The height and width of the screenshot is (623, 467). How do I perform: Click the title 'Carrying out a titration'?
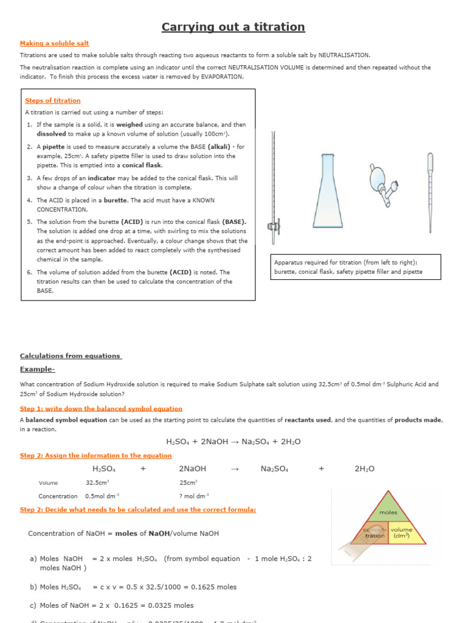tap(233, 27)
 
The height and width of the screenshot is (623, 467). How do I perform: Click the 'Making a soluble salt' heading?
tap(54, 43)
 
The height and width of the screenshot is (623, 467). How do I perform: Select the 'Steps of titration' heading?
tap(52, 100)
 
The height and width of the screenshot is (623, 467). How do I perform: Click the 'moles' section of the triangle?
tap(388, 512)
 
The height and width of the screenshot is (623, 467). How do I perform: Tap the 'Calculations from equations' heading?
tap(71, 356)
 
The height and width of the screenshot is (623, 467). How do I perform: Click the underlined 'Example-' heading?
tap(37, 369)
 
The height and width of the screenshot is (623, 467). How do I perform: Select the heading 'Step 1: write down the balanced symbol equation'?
tap(101, 409)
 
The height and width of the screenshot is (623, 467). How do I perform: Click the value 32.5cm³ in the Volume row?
tap(97, 482)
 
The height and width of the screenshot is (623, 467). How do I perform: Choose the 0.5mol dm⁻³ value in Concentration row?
tap(102, 496)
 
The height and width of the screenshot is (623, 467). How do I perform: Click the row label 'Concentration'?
tap(58, 496)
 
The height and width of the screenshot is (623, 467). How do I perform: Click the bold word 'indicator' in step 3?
tap(102, 178)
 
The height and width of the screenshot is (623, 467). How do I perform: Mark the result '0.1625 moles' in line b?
tap(216, 587)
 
